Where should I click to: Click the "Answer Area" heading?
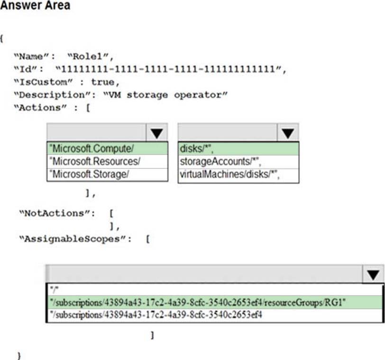[36, 6]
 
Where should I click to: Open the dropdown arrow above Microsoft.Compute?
[156, 133]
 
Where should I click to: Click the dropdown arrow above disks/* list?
[287, 133]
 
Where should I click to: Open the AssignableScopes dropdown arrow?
[373, 275]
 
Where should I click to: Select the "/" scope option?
[53, 289]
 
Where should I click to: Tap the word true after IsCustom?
[102, 82]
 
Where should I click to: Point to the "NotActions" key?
[54, 213]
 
